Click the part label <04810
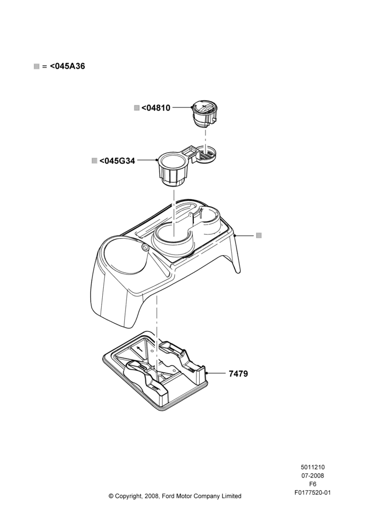coord(156,108)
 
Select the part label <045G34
coord(117,161)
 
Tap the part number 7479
coord(238,374)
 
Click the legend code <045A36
coord(67,66)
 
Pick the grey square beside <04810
coord(137,108)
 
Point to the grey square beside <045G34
coord(94,161)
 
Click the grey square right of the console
coord(259,235)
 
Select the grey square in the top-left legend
coord(37,66)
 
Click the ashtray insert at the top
coord(204,114)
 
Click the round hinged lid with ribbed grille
coord(207,154)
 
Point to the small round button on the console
coord(145,247)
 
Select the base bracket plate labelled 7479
coord(155,371)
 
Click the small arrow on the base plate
coord(139,349)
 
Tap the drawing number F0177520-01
coord(312,493)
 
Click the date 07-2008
coord(312,475)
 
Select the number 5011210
coord(312,467)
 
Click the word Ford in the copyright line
coord(169,496)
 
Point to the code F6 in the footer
coord(312,484)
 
